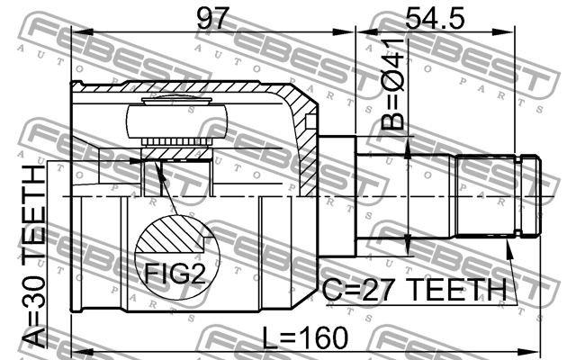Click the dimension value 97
point(212,18)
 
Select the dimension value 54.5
point(435,18)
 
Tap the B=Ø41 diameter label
point(392,84)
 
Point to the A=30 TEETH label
point(34,256)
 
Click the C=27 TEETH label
point(414,290)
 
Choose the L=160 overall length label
point(305,337)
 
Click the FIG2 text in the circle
point(175,274)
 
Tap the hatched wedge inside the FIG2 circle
point(167,235)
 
